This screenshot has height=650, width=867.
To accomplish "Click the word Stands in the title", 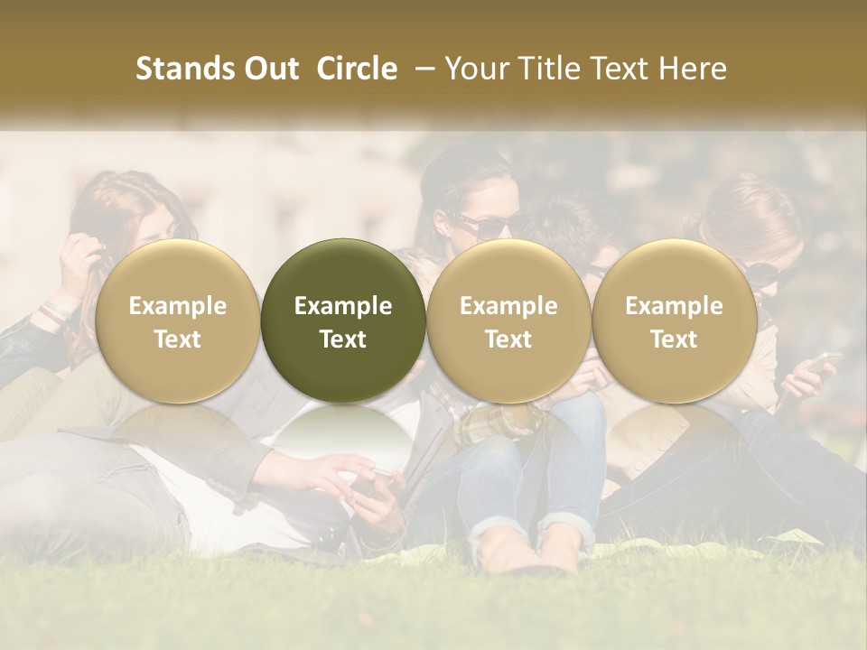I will tap(185, 69).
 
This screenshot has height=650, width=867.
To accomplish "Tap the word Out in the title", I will tap(269, 69).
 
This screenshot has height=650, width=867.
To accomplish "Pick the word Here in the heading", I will tap(694, 69).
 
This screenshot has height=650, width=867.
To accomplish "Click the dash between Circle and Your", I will tap(421, 69).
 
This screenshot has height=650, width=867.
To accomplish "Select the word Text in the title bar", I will tap(620, 69).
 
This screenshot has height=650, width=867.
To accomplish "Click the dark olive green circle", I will tap(343, 320).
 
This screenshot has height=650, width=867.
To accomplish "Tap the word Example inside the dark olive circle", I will tap(343, 306).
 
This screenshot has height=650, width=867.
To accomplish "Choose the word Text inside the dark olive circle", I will tap(343, 339).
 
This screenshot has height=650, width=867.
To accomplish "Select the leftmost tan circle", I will tap(178, 320).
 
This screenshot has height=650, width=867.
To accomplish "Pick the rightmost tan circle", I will tap(675, 320).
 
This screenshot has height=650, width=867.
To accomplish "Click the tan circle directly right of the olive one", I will tap(508, 320).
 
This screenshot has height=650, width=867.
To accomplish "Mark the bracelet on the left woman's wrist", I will tap(56, 311).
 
